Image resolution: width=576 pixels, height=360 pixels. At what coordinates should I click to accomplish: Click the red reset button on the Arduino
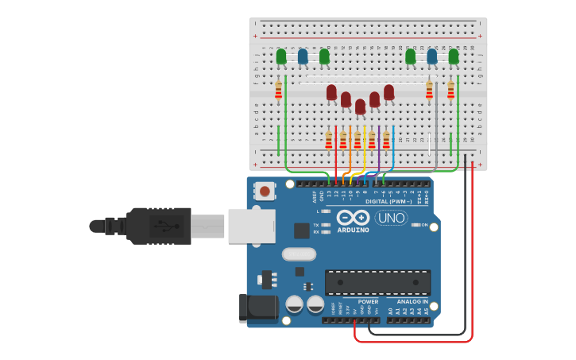[x=265, y=191]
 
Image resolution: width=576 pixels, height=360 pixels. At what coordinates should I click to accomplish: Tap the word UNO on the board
[x=391, y=218]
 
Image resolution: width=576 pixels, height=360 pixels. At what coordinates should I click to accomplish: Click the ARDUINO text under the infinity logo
[x=353, y=230]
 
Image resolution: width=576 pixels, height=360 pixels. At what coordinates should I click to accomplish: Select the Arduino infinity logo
[x=353, y=217]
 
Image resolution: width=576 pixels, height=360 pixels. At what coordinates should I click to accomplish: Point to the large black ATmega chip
[x=377, y=282]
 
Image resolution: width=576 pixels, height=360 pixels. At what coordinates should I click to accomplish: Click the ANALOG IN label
[x=413, y=302]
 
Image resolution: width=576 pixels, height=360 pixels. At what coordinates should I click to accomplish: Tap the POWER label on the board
[x=368, y=302]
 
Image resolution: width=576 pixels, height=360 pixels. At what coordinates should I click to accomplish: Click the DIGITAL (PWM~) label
[x=389, y=201]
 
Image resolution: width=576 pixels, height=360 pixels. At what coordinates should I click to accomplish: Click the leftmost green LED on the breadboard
[x=281, y=56]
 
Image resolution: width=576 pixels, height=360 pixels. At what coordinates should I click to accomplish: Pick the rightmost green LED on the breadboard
[x=454, y=56]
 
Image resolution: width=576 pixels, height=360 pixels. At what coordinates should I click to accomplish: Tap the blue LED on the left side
[x=303, y=56]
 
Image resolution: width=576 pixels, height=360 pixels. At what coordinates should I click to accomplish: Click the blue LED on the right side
[x=432, y=56]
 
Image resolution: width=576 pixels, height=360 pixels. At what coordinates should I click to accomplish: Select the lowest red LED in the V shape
[x=360, y=106]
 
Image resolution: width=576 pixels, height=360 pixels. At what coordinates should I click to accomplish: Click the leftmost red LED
[x=331, y=92]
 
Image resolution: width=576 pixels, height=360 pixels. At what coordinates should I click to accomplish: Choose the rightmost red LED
[x=389, y=92]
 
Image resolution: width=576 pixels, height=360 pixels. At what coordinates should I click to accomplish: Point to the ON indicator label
[x=424, y=225]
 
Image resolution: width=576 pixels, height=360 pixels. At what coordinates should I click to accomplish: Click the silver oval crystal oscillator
[x=299, y=254]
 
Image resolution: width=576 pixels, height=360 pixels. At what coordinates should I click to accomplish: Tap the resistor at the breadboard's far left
[x=278, y=90]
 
